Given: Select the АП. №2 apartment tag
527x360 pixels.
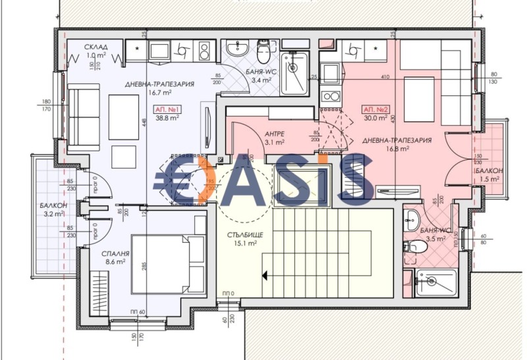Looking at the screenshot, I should point(374,109).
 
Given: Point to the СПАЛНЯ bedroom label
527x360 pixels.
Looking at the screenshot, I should point(97,253).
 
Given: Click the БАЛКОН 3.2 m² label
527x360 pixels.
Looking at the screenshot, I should point(51,209).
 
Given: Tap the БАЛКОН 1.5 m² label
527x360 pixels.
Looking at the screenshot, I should point(489,174).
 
